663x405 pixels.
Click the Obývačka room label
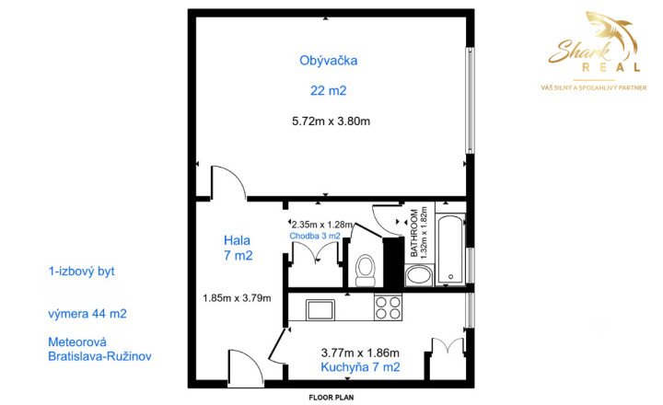[x=328, y=61]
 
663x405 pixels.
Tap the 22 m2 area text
[x=328, y=90]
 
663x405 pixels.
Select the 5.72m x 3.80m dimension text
[x=331, y=121]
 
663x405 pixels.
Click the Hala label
[x=237, y=240]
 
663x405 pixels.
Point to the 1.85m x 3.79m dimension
[x=237, y=298]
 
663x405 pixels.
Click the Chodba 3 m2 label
[x=315, y=236]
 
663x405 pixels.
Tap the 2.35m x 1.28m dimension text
[x=322, y=224]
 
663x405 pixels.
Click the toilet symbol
[x=366, y=270]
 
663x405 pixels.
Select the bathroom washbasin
[x=419, y=275]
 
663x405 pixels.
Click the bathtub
[x=450, y=249]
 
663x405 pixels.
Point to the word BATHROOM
[x=414, y=233]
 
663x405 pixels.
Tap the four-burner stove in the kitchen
[x=389, y=307]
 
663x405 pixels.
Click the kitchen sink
[x=320, y=309]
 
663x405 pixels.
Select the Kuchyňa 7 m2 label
[x=360, y=367]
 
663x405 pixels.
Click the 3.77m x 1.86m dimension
[x=360, y=353]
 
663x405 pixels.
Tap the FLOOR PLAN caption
[x=331, y=398]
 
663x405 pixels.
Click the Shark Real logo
[x=594, y=51]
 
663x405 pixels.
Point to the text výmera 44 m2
[x=87, y=314]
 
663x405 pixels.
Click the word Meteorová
[x=77, y=341]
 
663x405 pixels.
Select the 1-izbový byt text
[x=82, y=271]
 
